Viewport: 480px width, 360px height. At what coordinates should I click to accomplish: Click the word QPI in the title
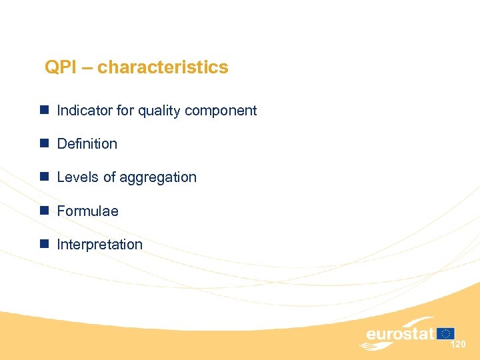[x=60, y=67]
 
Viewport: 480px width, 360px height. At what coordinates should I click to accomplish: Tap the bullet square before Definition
[x=43, y=143]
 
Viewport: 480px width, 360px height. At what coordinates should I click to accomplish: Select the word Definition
[x=87, y=144]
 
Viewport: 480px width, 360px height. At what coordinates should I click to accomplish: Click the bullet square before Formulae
[x=43, y=211]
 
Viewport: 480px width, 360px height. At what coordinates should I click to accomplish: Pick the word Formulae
[x=87, y=211]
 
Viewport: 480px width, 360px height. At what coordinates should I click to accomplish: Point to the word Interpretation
[x=99, y=245]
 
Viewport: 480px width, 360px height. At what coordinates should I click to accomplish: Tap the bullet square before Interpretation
[x=43, y=244]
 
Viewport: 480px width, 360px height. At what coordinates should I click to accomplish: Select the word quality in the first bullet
[x=157, y=111]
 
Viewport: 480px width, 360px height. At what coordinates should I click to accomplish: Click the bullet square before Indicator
[x=43, y=110]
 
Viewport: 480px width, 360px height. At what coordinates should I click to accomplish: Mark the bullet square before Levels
[x=43, y=177]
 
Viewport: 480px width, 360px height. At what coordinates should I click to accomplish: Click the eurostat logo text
[x=400, y=334]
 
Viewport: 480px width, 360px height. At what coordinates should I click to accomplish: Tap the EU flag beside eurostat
[x=446, y=333]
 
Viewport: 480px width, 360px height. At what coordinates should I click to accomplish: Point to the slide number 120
[x=458, y=345]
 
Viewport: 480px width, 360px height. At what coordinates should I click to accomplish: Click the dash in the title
[x=87, y=68]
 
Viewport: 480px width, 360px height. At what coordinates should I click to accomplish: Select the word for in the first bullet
[x=125, y=111]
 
